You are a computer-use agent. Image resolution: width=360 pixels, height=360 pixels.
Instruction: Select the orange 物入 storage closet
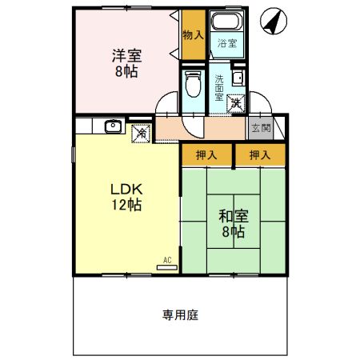coord(192,36)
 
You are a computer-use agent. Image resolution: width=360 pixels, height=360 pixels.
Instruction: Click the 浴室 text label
coord(226,45)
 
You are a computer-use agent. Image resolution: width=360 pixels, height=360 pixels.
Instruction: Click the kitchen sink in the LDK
coord(113,126)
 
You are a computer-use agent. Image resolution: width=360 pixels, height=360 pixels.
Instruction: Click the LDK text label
coord(126,190)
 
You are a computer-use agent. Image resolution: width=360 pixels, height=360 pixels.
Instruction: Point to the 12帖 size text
coord(126,205)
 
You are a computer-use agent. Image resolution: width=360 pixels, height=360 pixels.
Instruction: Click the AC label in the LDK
coord(168,260)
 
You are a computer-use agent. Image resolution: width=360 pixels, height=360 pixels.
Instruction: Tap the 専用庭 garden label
coord(180,314)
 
